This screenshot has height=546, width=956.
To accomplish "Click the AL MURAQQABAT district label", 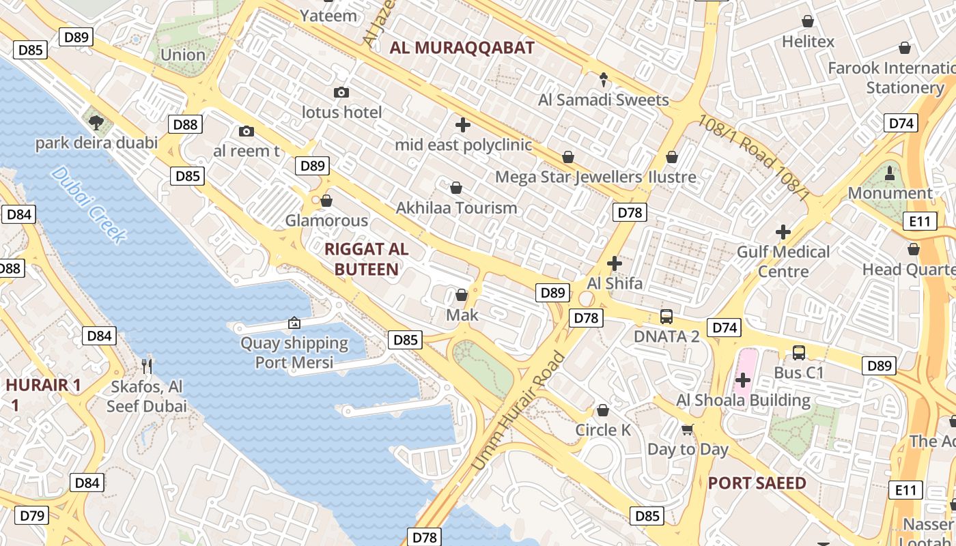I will point(462,48).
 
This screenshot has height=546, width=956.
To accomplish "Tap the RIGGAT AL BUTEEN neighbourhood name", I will point(366,259).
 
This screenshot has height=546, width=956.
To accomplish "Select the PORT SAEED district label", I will point(757,483).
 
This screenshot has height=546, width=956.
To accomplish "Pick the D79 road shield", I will point(32,515).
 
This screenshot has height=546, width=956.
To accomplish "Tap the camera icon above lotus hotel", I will point(341,92).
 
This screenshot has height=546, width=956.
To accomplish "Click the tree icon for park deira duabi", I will point(96,123).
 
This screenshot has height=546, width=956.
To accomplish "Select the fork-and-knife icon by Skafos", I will point(146,367).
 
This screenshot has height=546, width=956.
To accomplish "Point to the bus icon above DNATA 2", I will point(666,317).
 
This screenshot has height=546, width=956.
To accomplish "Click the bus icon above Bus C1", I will point(799,353).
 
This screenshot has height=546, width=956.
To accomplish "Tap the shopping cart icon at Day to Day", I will point(688,429).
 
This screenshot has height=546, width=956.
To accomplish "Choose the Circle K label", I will point(603,430).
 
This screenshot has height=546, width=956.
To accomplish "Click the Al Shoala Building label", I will point(743,400).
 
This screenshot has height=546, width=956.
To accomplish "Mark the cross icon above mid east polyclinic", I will point(463,125).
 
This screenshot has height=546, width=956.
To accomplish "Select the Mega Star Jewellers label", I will point(568,177).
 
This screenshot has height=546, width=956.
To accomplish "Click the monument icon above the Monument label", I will point(890,173).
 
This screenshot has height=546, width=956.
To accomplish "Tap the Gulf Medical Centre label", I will point(783,261).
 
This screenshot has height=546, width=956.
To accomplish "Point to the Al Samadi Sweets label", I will point(604,100).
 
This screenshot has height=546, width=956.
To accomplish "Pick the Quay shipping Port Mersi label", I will point(294,352).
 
